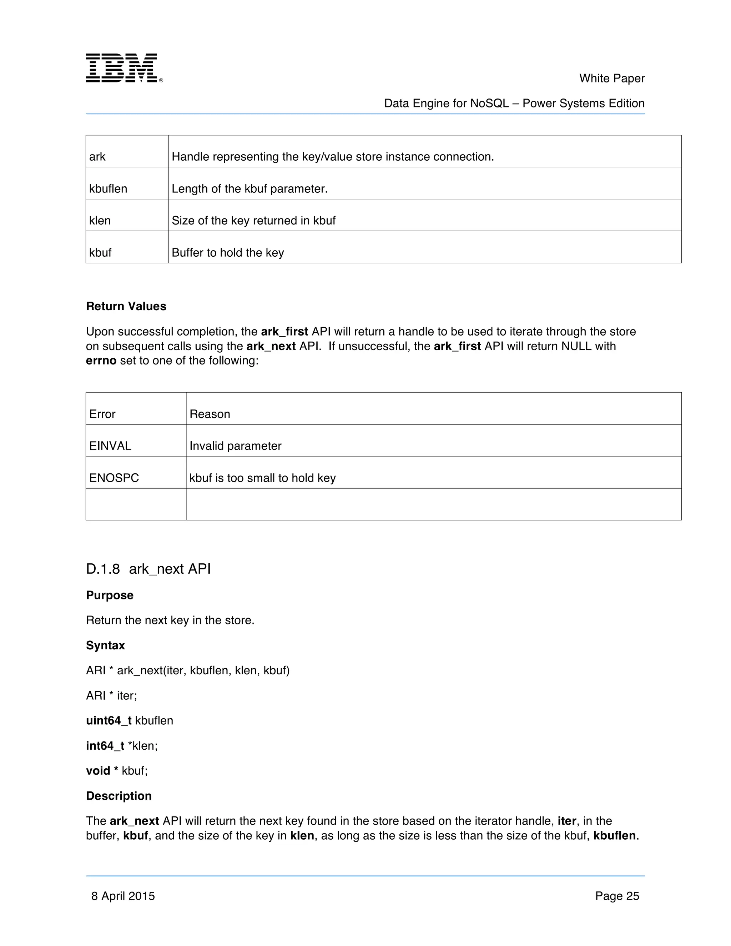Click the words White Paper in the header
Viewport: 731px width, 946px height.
[611, 79]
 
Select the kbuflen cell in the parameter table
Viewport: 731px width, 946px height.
[108, 189]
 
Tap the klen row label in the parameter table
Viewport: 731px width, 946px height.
[100, 221]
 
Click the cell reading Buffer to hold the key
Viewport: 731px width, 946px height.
[228, 252]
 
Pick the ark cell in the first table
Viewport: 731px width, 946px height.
[97, 157]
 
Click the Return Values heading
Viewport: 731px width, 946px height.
[126, 306]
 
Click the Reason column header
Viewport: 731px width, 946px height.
[210, 414]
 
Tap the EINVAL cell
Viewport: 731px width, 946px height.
[110, 446]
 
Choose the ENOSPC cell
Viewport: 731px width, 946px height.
[114, 478]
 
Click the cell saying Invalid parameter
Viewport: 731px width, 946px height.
[235, 446]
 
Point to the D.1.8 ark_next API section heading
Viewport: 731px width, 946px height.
[148, 569]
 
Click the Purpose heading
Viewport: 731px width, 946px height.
[110, 595]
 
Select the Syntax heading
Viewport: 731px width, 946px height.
[105, 645]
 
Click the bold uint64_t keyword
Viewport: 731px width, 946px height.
[108, 721]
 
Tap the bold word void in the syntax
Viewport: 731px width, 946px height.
[98, 771]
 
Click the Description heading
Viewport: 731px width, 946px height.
[119, 796]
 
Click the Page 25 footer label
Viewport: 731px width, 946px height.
[617, 896]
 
